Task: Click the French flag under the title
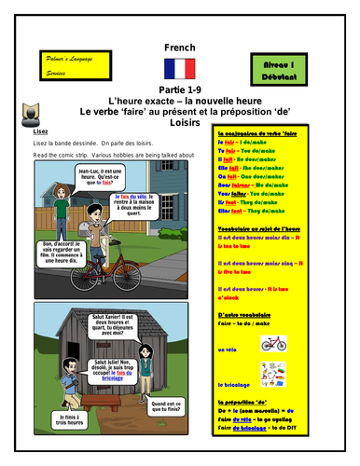coord(178,68)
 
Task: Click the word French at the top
coord(178,46)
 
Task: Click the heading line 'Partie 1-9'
coord(178,89)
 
